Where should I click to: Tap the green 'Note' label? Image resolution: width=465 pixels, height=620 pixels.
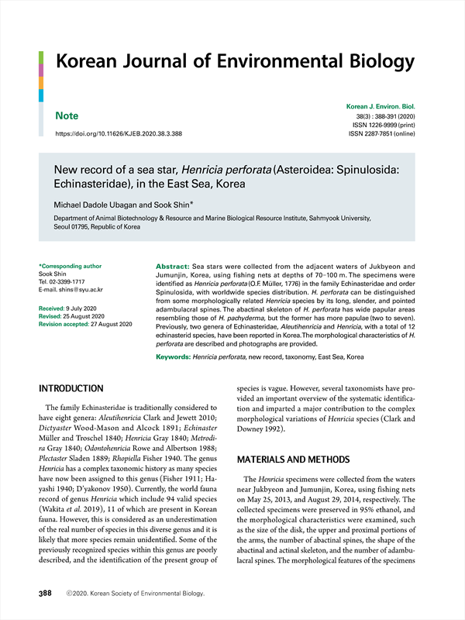[x=67, y=116]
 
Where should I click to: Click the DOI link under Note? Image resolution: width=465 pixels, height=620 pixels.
[x=119, y=133]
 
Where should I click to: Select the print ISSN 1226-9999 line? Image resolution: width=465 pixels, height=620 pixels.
[x=384, y=124]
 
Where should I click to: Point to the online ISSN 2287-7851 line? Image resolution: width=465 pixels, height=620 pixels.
[x=382, y=133]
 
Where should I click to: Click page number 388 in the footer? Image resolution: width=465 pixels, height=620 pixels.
[x=45, y=594]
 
